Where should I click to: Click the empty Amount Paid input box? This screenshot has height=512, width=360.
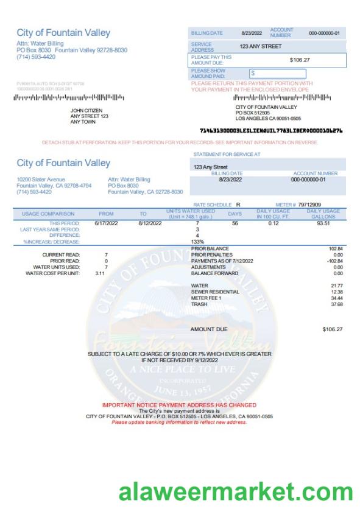coord(277,73)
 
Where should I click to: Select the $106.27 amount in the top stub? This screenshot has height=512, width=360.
coord(300,60)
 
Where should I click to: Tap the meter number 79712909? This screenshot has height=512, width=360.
coord(309,205)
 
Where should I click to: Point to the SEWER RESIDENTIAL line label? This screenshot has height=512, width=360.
coord(215,292)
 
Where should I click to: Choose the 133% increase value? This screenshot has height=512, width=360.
coord(197,242)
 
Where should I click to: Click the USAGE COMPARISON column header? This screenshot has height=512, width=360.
coord(48,214)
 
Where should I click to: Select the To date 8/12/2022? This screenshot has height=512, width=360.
coord(149,223)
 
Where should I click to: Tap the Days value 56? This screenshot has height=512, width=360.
coord(235,223)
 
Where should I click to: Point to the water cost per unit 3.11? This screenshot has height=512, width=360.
coord(100,273)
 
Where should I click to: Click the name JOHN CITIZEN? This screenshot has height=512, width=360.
coord(86,110)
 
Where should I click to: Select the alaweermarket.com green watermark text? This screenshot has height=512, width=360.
coord(235,490)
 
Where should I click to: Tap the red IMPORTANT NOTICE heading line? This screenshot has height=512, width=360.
coord(179,405)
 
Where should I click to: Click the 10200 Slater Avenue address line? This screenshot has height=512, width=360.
coord(41,180)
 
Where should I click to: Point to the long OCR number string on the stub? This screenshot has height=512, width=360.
coord(270,130)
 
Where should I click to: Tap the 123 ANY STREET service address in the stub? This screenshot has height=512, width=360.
coord(261,46)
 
